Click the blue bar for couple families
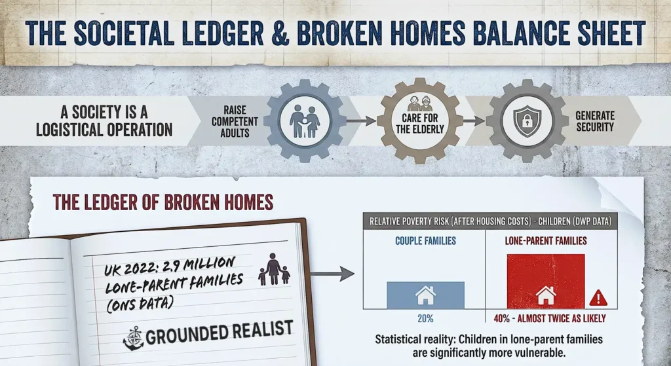click(425, 295)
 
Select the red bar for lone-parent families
click(545, 281)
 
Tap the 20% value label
click(425, 319)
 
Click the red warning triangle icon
click(598, 299)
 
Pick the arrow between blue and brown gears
click(360, 121)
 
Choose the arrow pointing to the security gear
click(473, 121)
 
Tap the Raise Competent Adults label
click(235, 121)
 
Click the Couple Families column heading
click(425, 241)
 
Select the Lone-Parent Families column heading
click(546, 241)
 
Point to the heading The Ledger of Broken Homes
click(163, 202)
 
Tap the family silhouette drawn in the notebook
click(273, 269)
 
